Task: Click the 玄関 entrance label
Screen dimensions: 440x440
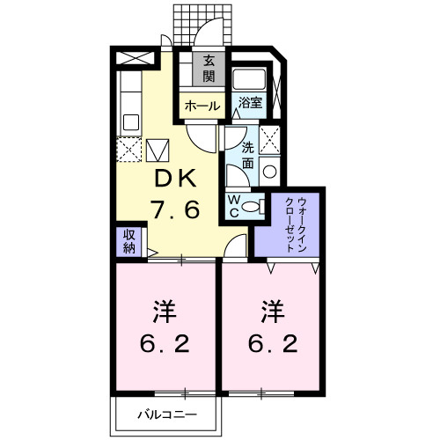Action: [x=209, y=70]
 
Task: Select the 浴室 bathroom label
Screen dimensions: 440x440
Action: [x=251, y=103]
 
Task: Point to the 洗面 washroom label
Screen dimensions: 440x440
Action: [x=248, y=156]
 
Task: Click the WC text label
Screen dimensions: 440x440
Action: [x=235, y=205]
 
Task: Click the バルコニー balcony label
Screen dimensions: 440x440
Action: [x=167, y=414]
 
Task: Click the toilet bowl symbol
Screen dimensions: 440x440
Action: [x=253, y=206]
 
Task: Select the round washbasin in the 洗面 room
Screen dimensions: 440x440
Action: [x=270, y=172]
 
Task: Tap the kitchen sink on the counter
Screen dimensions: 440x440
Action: [x=130, y=121]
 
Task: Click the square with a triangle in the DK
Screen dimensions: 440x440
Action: [x=158, y=150]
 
